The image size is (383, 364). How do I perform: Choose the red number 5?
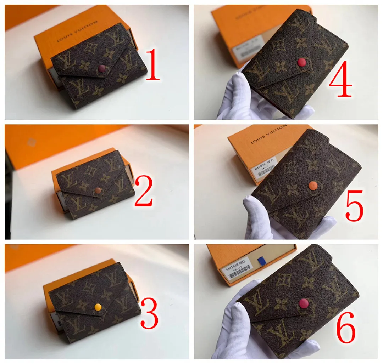click(354, 205)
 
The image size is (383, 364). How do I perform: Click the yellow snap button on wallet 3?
click(98, 307)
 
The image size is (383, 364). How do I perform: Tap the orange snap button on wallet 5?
click(312, 186)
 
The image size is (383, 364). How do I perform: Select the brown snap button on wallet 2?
click(98, 191)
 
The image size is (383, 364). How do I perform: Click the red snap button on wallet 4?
click(301, 63)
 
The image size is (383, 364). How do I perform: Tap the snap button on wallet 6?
click(304, 303)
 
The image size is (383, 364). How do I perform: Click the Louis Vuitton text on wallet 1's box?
click(77, 32)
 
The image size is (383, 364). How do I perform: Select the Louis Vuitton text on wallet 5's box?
click(268, 134)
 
